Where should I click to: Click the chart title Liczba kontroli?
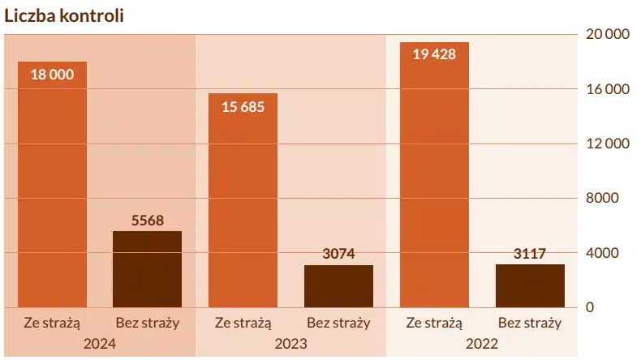(x=64, y=16)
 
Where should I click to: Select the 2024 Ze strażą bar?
(x=52, y=186)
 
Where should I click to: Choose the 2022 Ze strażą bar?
(x=434, y=174)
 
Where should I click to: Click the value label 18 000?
(x=52, y=75)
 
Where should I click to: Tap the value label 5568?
(x=147, y=221)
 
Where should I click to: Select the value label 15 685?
(x=243, y=106)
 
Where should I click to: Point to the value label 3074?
(x=338, y=254)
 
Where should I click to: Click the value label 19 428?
(x=434, y=55)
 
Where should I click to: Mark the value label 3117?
(x=530, y=254)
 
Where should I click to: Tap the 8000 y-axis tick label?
(x=603, y=199)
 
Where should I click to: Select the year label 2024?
(x=100, y=344)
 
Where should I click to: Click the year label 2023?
(x=290, y=344)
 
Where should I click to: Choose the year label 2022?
(x=482, y=344)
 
